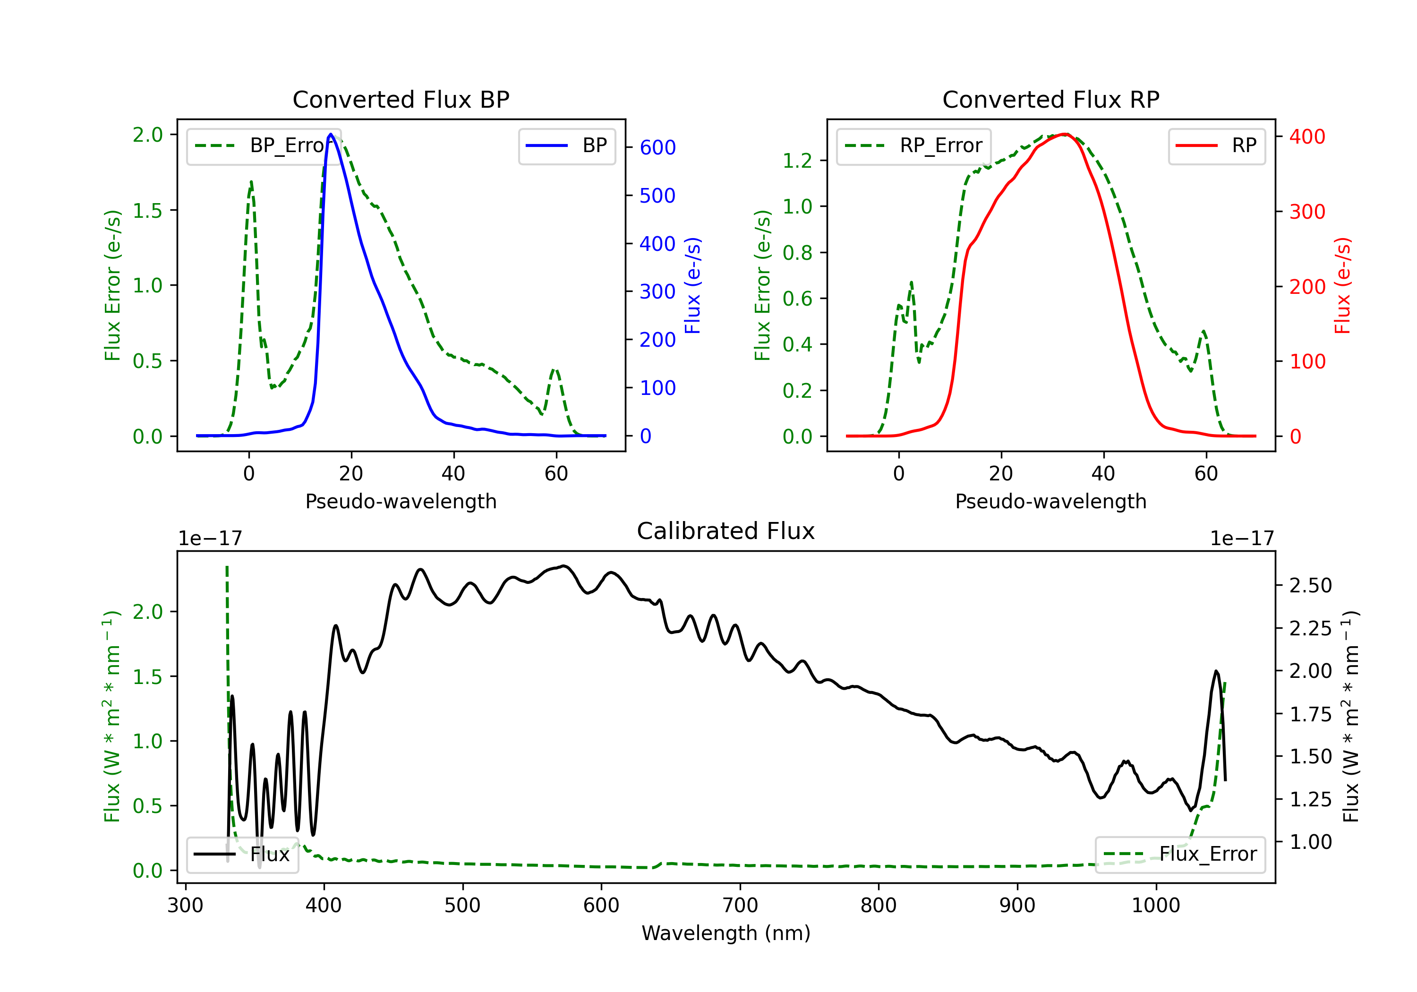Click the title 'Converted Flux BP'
click(x=401, y=99)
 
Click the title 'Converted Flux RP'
click(x=1050, y=99)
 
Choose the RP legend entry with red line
click(x=1216, y=145)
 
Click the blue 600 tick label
click(x=657, y=147)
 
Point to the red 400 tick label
click(x=1307, y=137)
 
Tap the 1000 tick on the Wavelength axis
click(x=1155, y=906)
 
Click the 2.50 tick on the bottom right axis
click(x=1310, y=585)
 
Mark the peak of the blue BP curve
click(x=331, y=134)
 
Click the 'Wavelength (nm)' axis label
click(x=726, y=933)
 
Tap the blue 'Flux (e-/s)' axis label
click(x=692, y=285)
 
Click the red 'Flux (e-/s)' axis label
click(x=1342, y=285)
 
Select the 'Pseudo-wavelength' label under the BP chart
click(x=401, y=501)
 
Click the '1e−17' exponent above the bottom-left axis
click(x=210, y=539)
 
